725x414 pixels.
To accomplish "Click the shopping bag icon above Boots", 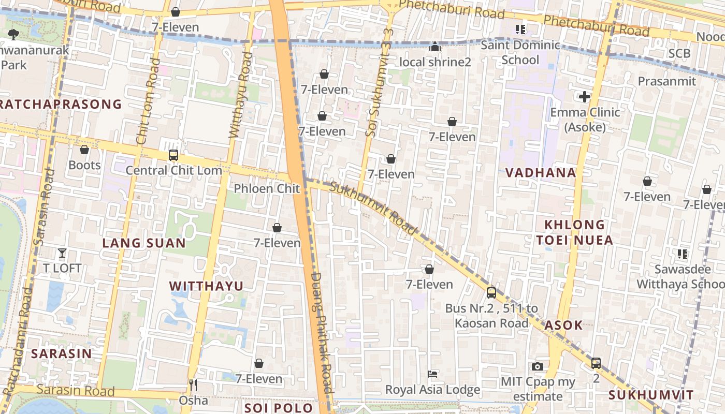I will pyautogui.click(x=84, y=150).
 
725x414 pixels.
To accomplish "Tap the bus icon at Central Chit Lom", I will pyautogui.click(x=173, y=155).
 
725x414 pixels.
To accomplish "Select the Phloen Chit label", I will pyautogui.click(x=267, y=188).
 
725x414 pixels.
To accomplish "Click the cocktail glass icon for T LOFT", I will pyautogui.click(x=62, y=253).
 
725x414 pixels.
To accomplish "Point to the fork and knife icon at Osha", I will pyautogui.click(x=193, y=385).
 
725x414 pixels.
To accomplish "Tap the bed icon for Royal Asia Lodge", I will pyautogui.click(x=432, y=374).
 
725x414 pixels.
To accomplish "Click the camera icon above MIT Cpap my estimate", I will pyautogui.click(x=538, y=366).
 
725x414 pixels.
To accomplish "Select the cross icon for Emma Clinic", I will pyautogui.click(x=585, y=97).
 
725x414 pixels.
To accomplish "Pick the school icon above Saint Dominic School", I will pyautogui.click(x=520, y=29).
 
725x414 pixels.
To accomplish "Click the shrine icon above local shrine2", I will pyautogui.click(x=435, y=47).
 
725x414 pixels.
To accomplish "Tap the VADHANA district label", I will pyautogui.click(x=541, y=173).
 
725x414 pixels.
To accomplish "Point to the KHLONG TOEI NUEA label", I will pyautogui.click(x=574, y=232).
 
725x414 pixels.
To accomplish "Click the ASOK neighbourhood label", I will pyautogui.click(x=563, y=326).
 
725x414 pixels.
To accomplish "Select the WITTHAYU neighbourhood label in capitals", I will pyautogui.click(x=206, y=286).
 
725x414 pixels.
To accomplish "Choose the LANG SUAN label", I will pyautogui.click(x=144, y=243).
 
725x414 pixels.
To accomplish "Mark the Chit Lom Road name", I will pyautogui.click(x=148, y=101).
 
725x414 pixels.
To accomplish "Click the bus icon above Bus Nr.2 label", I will pyautogui.click(x=491, y=293).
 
